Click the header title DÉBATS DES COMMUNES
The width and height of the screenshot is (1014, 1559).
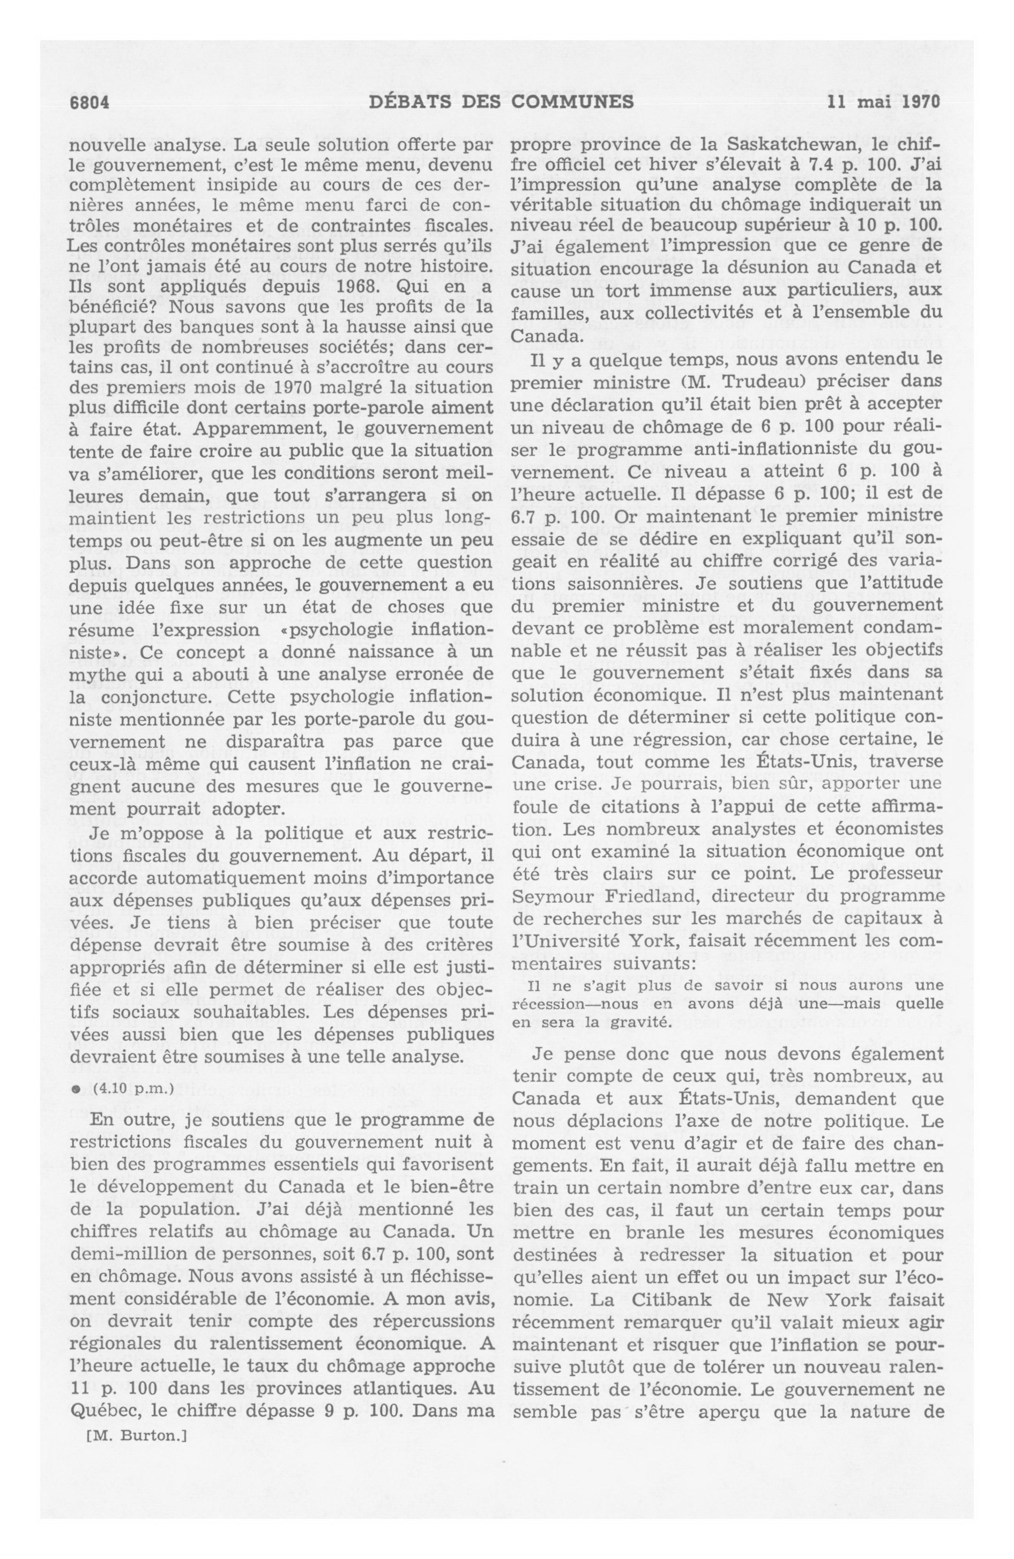pos(501,102)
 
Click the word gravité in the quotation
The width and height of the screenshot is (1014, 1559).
pos(645,1022)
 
